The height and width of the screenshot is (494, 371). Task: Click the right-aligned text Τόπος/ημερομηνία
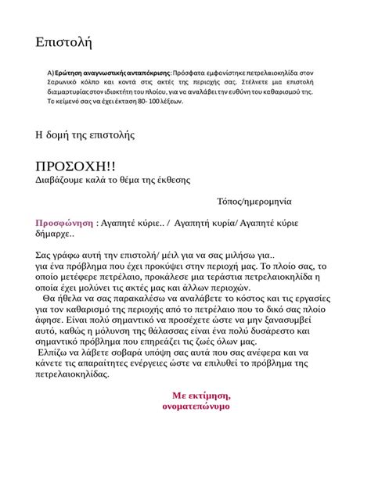254,201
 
